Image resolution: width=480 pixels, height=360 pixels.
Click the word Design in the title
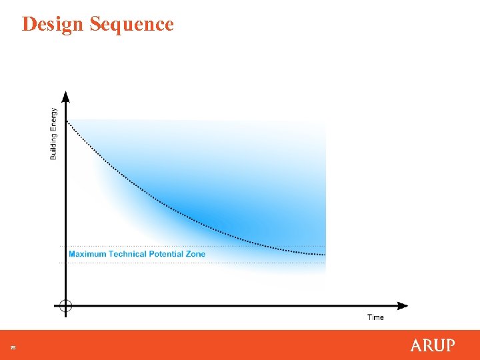pyautogui.click(x=53, y=24)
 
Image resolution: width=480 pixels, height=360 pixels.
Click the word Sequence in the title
pyautogui.click(x=131, y=24)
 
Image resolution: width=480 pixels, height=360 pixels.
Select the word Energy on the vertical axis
pyautogui.click(x=54, y=120)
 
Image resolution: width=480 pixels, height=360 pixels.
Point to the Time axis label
pyautogui.click(x=375, y=317)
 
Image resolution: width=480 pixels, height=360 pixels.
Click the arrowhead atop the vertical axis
pyautogui.click(x=65, y=95)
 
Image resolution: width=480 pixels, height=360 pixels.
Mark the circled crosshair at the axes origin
pyautogui.click(x=65, y=306)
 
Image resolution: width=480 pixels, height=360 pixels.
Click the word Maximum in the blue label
pyautogui.click(x=87, y=254)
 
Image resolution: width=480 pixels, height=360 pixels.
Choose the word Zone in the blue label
pyautogui.click(x=196, y=254)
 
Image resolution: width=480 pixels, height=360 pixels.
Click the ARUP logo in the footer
pyautogui.click(x=433, y=345)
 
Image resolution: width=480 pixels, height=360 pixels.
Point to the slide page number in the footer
pyautogui.click(x=12, y=347)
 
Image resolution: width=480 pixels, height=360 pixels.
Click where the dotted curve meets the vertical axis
pyautogui.click(x=67, y=119)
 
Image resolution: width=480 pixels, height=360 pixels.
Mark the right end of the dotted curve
pyautogui.click(x=325, y=254)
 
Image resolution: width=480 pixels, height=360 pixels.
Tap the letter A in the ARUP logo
pyautogui.click(x=416, y=345)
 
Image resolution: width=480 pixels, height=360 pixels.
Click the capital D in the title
pyautogui.click(x=29, y=24)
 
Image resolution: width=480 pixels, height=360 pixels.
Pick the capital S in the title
pyautogui.click(x=95, y=24)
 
